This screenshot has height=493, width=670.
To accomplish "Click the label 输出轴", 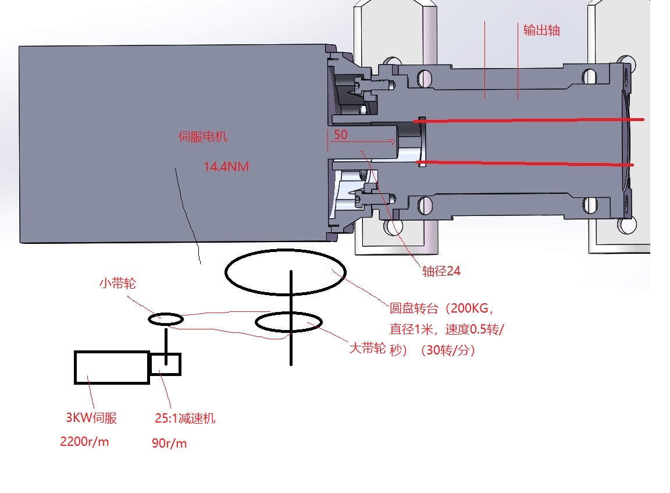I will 541,31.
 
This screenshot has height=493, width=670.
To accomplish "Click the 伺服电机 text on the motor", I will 202,137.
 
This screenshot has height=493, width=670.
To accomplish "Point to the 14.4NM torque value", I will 226,167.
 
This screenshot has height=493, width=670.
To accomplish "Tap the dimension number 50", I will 341,135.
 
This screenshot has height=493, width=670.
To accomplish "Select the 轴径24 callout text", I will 441,271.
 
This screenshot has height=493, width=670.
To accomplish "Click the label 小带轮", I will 118,283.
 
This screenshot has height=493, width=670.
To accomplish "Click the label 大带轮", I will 367,348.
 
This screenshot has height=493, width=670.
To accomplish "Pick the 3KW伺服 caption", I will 91,418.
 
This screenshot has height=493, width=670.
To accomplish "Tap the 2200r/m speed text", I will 84,442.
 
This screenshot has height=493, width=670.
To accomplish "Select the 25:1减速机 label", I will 185,418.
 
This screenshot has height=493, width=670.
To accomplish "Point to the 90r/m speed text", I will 169,444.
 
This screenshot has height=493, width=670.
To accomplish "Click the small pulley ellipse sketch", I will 166,318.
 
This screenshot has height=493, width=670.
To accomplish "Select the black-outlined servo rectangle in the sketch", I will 112,367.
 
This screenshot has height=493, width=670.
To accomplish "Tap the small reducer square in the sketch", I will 165,364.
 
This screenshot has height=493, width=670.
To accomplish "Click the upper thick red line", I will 529,120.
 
